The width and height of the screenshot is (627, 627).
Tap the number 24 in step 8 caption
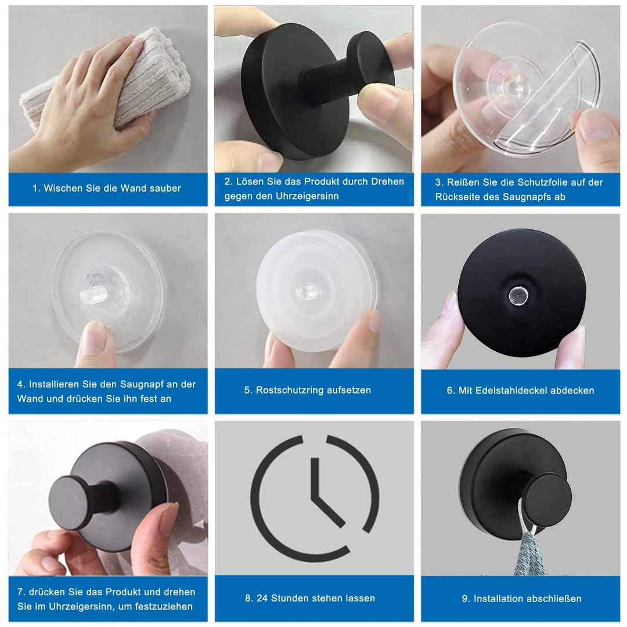[x=262, y=598]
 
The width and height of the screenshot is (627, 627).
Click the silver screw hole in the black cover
[x=518, y=296]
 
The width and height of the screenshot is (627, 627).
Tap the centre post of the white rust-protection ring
[x=307, y=291]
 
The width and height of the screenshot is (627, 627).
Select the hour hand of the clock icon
[x=315, y=478]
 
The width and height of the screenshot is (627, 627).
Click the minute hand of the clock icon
[x=328, y=510]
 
